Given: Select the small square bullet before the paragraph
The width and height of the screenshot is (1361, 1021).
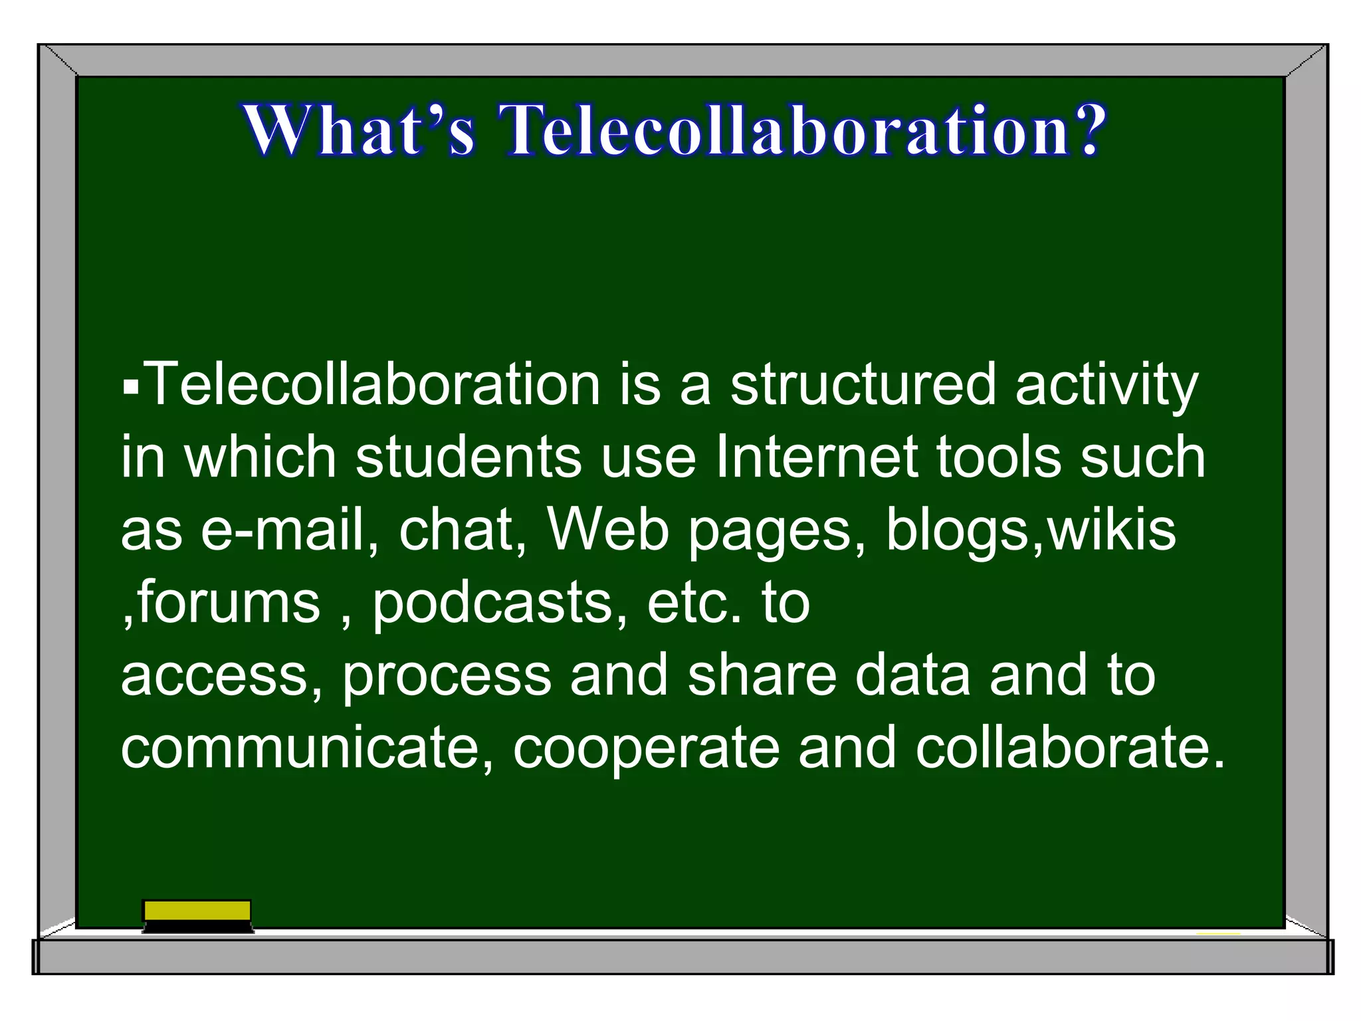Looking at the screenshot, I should pyautogui.click(x=131, y=386).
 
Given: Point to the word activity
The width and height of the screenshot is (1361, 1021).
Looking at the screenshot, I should pyautogui.click(x=1106, y=386).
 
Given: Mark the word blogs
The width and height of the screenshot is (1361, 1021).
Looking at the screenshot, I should pyautogui.click(x=957, y=532).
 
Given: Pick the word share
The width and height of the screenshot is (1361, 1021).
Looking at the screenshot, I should pyautogui.click(x=762, y=675).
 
